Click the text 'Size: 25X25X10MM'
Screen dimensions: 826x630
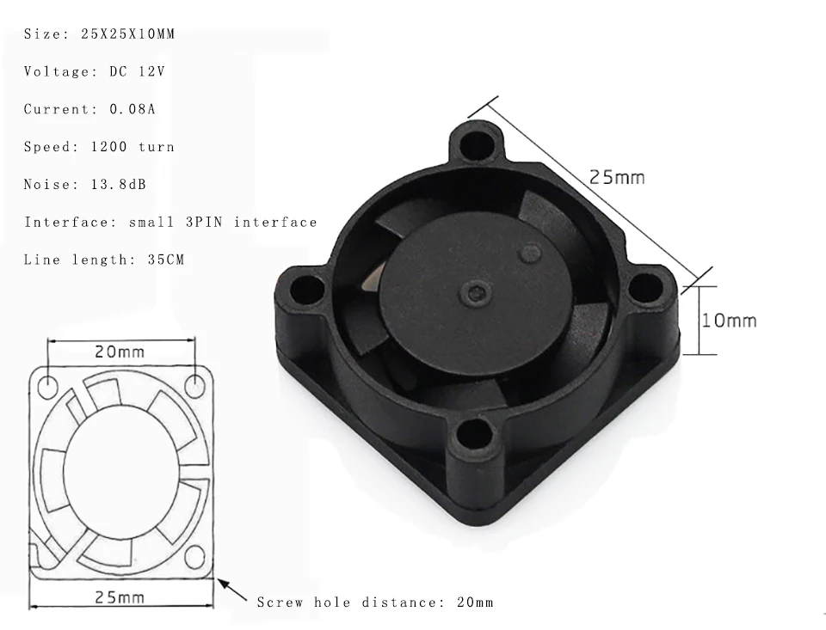click(99, 34)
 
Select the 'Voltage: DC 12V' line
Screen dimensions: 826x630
click(95, 71)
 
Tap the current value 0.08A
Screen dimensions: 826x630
click(133, 109)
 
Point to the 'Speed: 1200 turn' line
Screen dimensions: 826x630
click(99, 147)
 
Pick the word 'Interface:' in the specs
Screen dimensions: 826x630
click(71, 222)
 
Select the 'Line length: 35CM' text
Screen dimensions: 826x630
click(104, 260)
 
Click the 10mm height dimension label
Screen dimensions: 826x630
click(729, 321)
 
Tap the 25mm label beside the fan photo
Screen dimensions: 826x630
click(617, 177)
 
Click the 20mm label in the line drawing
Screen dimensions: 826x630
click(120, 352)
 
